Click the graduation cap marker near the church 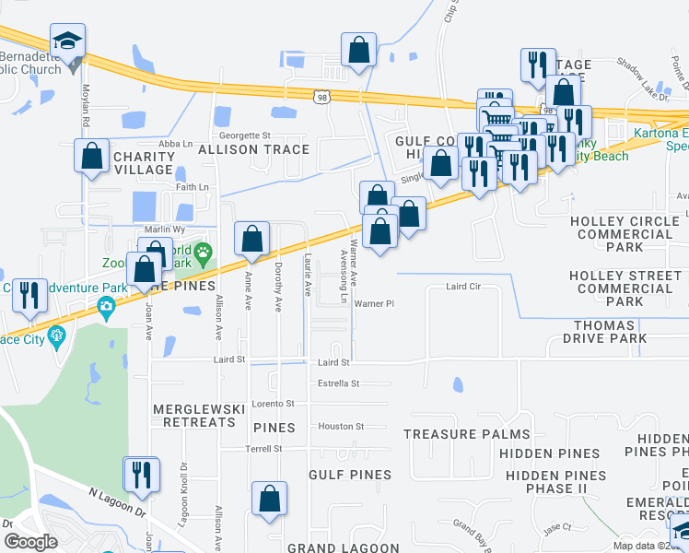[x=67, y=42]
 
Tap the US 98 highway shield [x=321, y=96]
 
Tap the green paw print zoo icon [x=204, y=252]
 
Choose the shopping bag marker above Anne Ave [x=251, y=239]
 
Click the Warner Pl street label [x=373, y=303]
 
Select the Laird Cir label [x=464, y=287]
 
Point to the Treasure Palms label [x=466, y=434]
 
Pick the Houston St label [x=341, y=427]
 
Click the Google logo [x=31, y=542]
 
